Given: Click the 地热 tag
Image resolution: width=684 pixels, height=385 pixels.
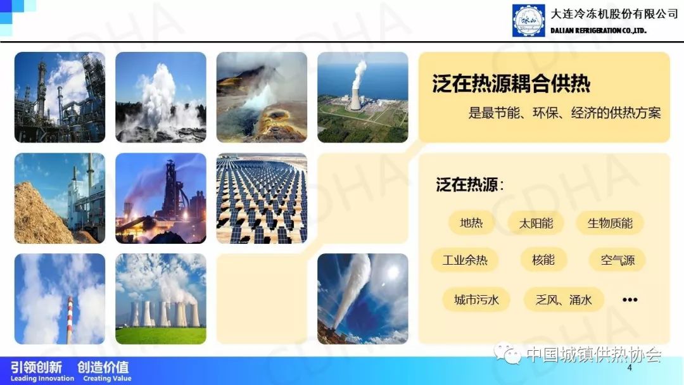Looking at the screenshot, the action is coord(471,224).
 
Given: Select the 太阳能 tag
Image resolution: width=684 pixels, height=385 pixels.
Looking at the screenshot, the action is coord(536,224).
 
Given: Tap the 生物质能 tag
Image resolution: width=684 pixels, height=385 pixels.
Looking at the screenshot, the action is coord(610,224).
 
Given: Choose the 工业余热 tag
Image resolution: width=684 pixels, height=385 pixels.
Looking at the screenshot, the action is coord(465,260).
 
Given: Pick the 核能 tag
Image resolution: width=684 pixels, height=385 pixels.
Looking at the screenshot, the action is coord(543,260).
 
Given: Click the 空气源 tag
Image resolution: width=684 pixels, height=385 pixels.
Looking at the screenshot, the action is coord(617,260).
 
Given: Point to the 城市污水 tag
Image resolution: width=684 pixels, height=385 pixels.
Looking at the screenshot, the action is coord(476,300).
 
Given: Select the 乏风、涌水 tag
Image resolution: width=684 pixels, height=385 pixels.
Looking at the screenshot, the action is coord(564,300).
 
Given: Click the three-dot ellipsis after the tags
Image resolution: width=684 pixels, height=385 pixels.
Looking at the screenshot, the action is coord(630,300).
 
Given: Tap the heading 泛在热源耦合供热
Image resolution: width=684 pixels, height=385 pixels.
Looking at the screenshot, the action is coord(511,84).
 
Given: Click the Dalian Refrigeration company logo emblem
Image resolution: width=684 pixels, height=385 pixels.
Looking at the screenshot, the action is coord(528,20).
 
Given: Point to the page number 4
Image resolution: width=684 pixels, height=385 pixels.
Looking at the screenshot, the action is coord(629,367).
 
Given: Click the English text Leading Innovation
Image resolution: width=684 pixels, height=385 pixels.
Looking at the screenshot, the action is coord(42,379).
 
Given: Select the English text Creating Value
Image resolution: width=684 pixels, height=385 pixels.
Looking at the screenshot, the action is coord(107,379).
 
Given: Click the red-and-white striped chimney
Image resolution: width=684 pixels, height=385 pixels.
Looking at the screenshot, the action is coord(70,320).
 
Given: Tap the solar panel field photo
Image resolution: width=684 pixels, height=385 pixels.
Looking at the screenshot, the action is coord(262,198).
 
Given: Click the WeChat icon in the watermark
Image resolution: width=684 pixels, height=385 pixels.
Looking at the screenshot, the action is coord(507,353).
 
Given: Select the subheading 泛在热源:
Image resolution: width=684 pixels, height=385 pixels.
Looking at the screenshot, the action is coord(470,185).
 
